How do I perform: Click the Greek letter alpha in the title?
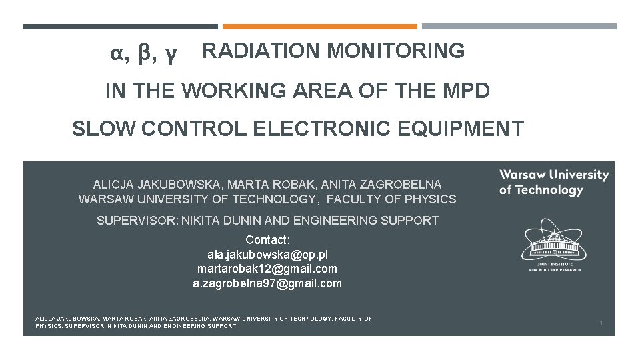coord(118,54)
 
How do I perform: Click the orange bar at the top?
coord(319,27)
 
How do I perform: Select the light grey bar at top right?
coord(519,27)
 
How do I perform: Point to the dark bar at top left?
coord(120,27)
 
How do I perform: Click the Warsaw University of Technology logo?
coord(554,182)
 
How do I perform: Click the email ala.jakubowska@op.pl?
coord(267,254)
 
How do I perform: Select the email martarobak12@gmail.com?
coord(267,269)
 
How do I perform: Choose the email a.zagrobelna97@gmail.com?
coord(267,283)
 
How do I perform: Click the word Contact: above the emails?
coord(267,239)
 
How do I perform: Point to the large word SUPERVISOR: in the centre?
coord(137,220)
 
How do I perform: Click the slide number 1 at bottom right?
coord(601,323)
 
